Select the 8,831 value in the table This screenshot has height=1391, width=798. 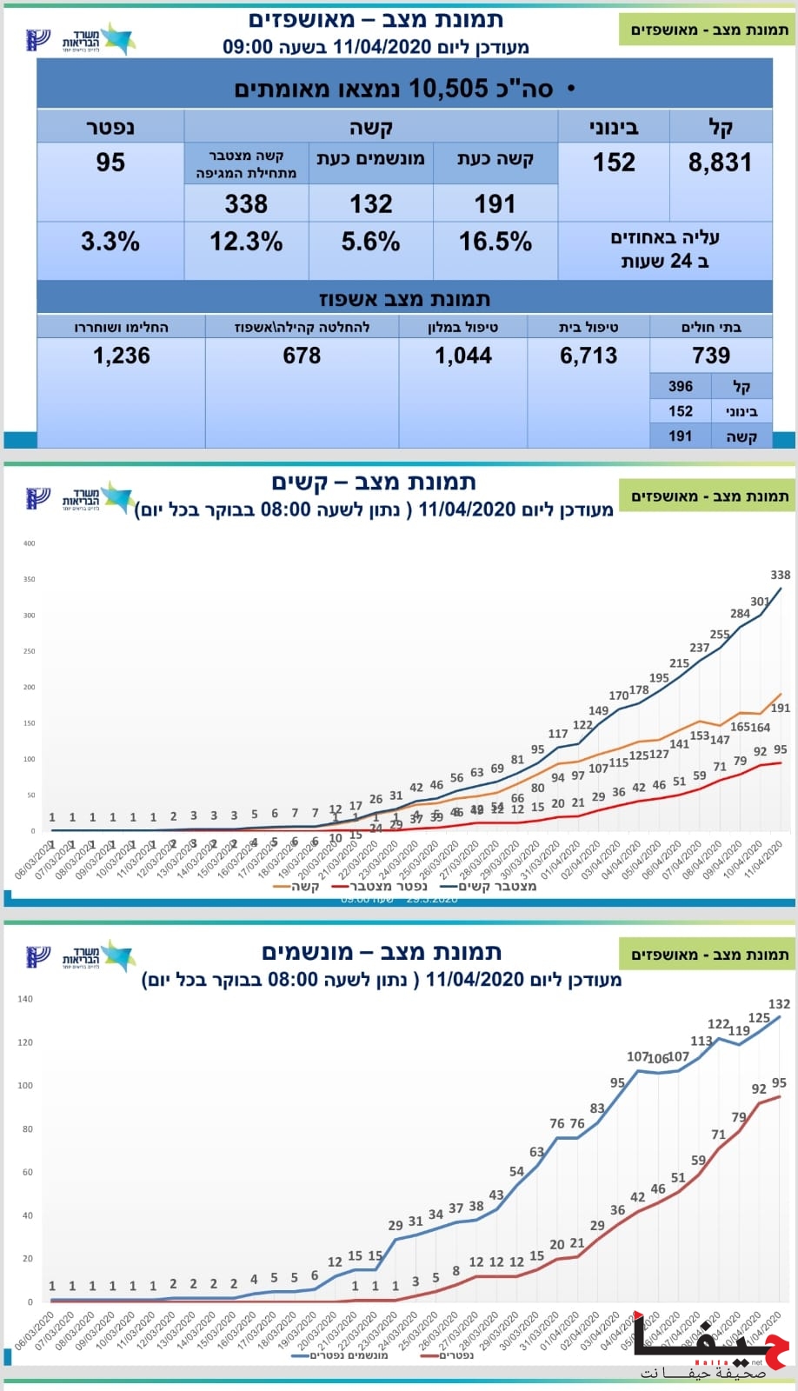[x=720, y=163]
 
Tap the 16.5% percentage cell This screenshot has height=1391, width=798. [x=495, y=242]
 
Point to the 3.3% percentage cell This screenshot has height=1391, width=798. [x=110, y=242]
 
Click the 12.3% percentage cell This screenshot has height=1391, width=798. [x=246, y=242]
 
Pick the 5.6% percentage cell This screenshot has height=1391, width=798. [x=370, y=242]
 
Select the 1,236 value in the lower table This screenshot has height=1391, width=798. [x=122, y=356]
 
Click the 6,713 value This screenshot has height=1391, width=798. [x=589, y=356]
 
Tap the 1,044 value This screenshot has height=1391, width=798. [x=463, y=356]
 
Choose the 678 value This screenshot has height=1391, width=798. [x=302, y=356]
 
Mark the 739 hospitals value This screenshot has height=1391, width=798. [x=711, y=356]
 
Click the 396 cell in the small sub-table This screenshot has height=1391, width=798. [x=681, y=386]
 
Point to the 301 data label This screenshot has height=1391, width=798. [x=760, y=602]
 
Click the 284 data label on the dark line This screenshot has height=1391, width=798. [x=740, y=614]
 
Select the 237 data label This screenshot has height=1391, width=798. [x=700, y=648]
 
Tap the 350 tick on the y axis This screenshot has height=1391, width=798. [x=30, y=579]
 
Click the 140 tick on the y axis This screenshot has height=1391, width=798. [x=25, y=999]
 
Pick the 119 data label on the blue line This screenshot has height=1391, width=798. [x=739, y=1031]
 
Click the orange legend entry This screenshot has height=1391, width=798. [x=296, y=887]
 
